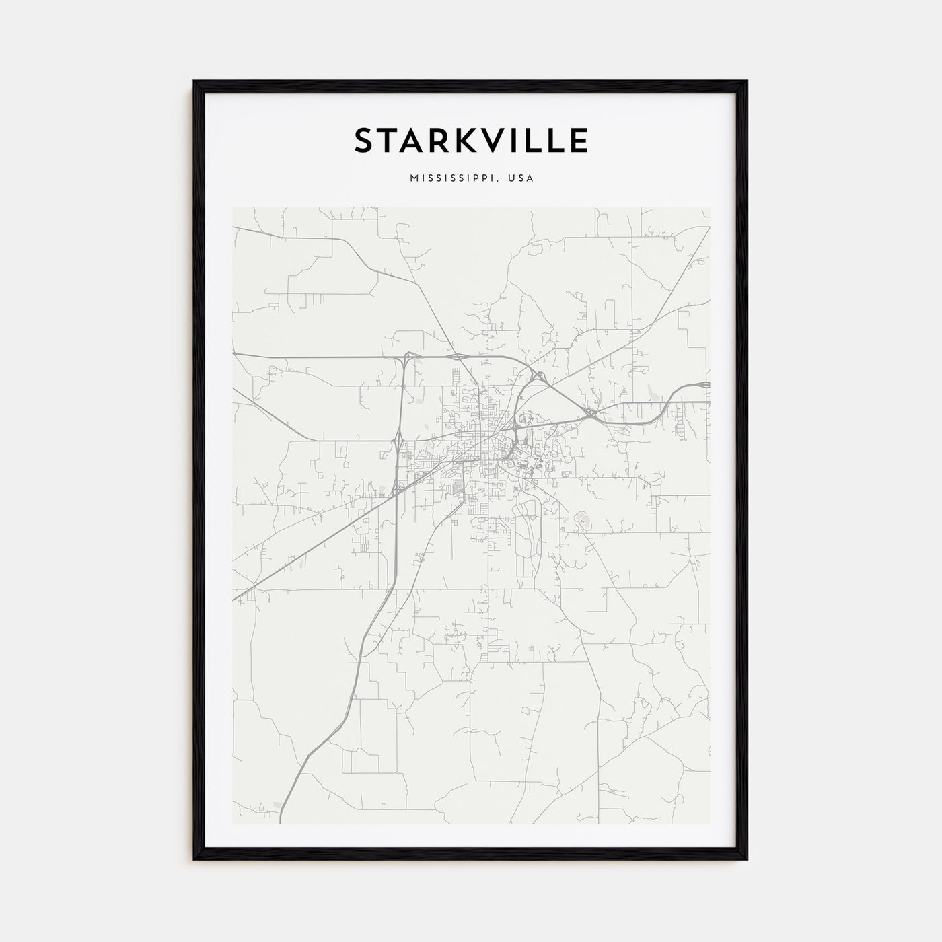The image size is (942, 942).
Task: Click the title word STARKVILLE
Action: tap(471, 140)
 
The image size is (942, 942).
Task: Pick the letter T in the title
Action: tap(386, 140)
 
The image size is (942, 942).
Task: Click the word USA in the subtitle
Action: tap(521, 179)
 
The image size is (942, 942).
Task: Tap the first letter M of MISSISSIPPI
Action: tap(412, 179)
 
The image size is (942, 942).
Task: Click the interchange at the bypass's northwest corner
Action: tap(406, 356)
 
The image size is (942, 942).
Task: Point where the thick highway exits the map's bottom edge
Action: tap(281, 824)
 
